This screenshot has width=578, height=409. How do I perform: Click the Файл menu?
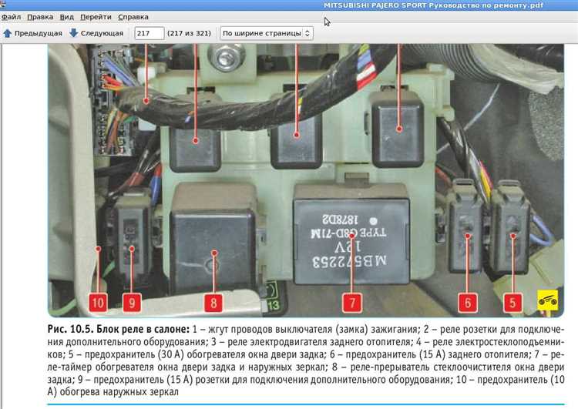[11, 16]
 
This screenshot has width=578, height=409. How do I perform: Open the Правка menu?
[40, 16]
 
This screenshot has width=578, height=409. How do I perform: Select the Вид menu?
[67, 16]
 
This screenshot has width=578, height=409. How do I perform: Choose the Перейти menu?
[96, 16]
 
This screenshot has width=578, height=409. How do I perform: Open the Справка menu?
[134, 16]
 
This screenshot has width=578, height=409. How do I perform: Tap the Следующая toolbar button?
[96, 33]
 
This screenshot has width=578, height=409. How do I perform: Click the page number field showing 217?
[149, 33]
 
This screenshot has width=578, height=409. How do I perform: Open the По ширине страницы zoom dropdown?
[266, 33]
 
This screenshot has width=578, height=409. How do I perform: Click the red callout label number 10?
[98, 302]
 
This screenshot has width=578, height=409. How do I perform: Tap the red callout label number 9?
[132, 302]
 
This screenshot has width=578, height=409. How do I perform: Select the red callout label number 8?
[212, 302]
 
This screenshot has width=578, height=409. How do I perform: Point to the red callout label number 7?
[351, 302]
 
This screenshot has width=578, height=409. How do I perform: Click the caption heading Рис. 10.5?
[71, 330]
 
